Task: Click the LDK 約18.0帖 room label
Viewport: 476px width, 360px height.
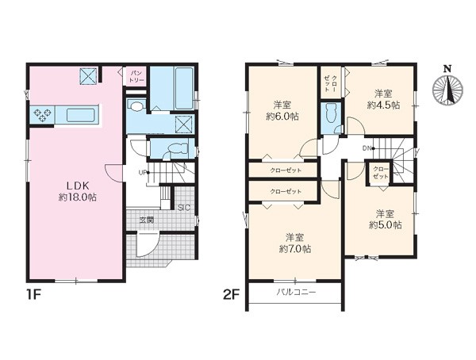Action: (x=78, y=191)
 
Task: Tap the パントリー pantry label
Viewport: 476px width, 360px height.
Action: (x=135, y=76)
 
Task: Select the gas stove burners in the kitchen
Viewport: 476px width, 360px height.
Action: (x=41, y=115)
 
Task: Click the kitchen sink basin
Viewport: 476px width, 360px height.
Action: (x=81, y=115)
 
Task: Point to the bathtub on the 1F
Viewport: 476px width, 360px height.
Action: (x=184, y=88)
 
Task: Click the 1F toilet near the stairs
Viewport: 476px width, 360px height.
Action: (x=176, y=149)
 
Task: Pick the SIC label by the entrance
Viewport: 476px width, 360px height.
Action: (x=184, y=208)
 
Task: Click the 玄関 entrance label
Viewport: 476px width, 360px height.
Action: (x=146, y=220)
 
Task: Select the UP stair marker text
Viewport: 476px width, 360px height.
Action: (x=142, y=173)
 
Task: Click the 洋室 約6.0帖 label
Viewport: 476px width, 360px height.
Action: (x=282, y=110)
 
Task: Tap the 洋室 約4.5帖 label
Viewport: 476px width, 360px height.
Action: (x=383, y=99)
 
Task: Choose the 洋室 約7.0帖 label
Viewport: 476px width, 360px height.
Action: (x=295, y=243)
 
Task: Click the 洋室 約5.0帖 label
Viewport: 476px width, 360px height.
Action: (x=386, y=220)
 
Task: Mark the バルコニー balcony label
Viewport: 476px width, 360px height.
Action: (x=296, y=293)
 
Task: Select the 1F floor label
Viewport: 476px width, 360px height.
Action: (x=33, y=295)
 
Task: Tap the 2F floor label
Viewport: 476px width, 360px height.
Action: (x=232, y=295)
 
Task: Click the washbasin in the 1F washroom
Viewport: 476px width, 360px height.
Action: (x=136, y=106)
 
